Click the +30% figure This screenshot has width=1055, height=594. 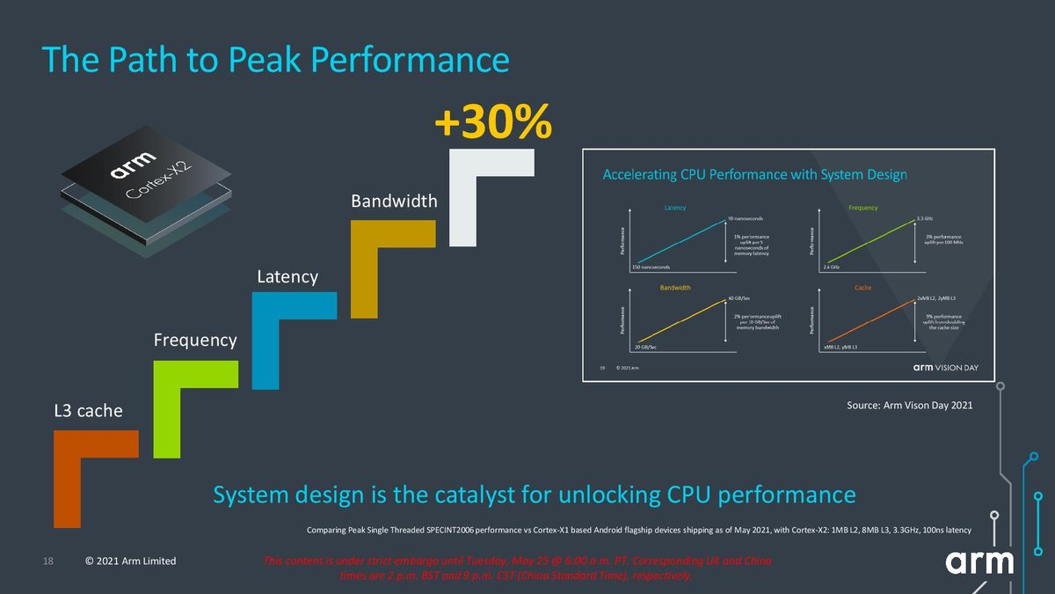[x=492, y=123]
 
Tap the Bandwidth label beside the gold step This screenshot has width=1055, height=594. [x=394, y=202]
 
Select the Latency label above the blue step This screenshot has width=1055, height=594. [x=287, y=277]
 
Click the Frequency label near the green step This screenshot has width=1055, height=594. [x=195, y=340]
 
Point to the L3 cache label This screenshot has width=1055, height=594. [x=88, y=411]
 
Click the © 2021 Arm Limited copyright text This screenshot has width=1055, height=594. [x=130, y=561]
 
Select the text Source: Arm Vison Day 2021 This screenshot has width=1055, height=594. [x=909, y=406]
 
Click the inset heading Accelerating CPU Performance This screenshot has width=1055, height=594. [x=754, y=174]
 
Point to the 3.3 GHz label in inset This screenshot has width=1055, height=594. [x=924, y=217]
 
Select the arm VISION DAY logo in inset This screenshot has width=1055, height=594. [x=945, y=367]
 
